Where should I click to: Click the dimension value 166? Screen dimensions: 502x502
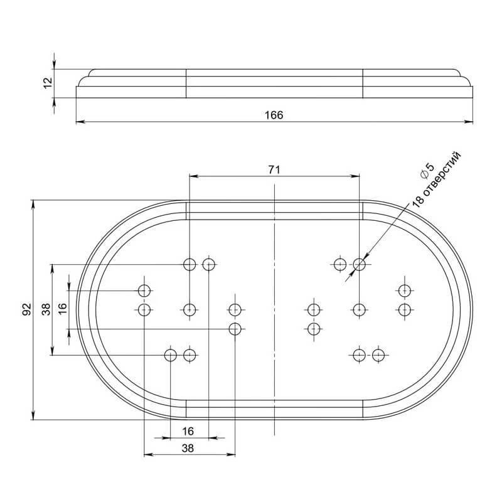tap(274, 115)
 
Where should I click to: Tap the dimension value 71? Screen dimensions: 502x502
tap(274, 169)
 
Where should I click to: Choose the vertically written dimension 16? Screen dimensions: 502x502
tap(62, 309)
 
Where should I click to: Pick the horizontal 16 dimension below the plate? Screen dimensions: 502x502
tap(189, 431)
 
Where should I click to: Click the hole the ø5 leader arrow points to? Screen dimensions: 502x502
tap(359, 264)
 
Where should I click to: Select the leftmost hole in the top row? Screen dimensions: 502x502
tap(190, 264)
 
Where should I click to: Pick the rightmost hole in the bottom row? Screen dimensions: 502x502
tap(378, 356)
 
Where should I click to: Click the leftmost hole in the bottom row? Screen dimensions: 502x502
tap(170, 356)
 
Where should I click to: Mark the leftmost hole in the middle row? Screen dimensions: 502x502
tap(144, 309)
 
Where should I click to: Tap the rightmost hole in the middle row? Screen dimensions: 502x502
tap(404, 309)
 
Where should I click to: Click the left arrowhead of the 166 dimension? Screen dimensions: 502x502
tap(78, 122)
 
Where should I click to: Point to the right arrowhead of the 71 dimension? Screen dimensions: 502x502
tap(356, 176)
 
